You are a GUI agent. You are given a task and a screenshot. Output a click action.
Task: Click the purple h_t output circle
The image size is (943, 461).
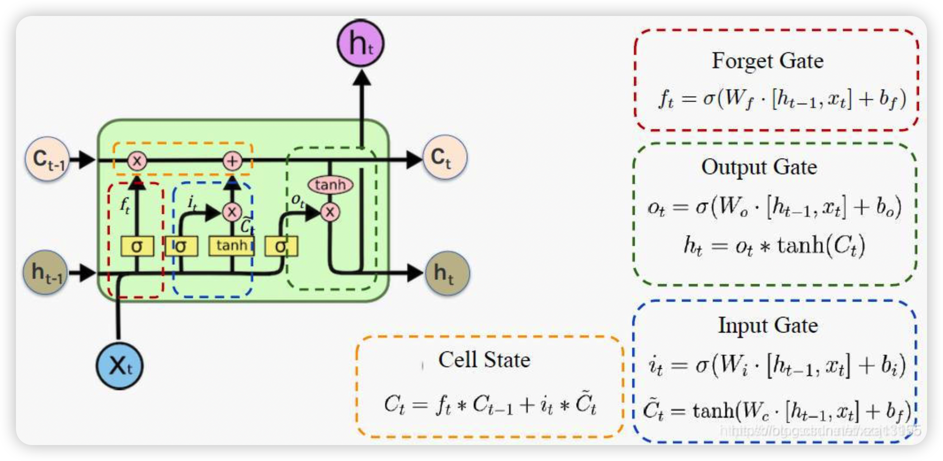[360, 43]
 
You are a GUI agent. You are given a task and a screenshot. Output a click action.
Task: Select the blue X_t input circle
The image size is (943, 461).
[120, 366]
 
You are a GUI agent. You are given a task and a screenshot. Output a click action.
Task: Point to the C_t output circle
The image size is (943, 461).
[444, 157]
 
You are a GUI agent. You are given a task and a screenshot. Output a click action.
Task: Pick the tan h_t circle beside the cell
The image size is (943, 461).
[447, 273]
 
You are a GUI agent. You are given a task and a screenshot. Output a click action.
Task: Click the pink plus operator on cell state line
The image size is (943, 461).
[232, 161]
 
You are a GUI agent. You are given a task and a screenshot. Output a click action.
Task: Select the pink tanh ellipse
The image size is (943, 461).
[330, 184]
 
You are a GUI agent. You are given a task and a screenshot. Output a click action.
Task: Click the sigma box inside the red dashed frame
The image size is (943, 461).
[137, 246]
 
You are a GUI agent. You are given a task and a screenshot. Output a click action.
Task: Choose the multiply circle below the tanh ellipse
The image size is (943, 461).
[330, 212]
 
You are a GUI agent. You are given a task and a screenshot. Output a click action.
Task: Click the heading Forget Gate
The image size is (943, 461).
[767, 61]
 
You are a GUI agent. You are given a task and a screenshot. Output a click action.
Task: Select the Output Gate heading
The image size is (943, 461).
[759, 167]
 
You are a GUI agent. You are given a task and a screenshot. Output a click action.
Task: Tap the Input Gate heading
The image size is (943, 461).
[768, 326]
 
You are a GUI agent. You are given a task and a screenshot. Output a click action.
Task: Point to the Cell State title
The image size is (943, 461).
[484, 360]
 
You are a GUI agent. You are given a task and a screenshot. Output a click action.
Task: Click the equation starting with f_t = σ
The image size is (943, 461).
[781, 99]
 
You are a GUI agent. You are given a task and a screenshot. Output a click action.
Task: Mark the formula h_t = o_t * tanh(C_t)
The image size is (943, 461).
[774, 246]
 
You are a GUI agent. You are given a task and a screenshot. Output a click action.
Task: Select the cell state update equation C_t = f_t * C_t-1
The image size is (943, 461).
[490, 404]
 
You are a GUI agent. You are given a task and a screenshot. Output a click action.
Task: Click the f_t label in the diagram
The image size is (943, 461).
[125, 205]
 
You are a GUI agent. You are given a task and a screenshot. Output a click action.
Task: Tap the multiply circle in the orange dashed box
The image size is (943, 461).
[137, 161]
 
